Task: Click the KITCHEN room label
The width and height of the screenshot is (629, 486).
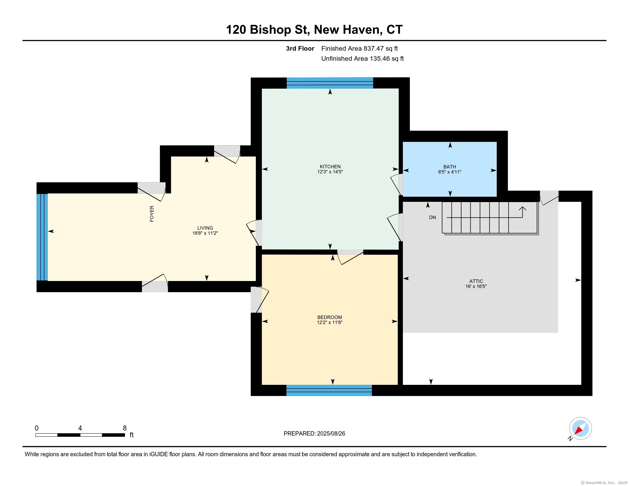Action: click(x=330, y=166)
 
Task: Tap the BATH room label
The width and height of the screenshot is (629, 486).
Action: click(x=449, y=167)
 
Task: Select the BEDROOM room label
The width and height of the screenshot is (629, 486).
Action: click(x=329, y=317)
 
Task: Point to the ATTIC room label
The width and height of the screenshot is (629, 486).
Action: click(x=476, y=281)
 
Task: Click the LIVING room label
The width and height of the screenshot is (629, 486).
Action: click(x=205, y=228)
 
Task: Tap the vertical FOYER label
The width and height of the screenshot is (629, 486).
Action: click(x=152, y=214)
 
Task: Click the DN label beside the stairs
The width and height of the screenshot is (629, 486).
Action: click(x=433, y=217)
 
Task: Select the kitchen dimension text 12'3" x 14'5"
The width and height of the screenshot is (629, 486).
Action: click(x=330, y=172)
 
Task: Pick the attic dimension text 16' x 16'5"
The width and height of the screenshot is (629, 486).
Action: click(x=476, y=286)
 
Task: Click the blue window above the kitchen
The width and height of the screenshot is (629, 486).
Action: click(x=330, y=83)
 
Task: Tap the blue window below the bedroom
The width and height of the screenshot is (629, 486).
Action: click(x=329, y=391)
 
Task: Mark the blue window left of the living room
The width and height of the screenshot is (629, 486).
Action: click(x=42, y=237)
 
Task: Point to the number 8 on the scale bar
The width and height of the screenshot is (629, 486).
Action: click(x=125, y=428)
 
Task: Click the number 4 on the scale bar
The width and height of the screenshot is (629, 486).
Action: click(x=80, y=428)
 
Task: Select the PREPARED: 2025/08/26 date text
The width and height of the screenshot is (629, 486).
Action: click(x=314, y=434)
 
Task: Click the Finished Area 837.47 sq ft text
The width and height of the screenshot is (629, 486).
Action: click(x=359, y=49)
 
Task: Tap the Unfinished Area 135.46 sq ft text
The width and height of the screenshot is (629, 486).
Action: click(x=363, y=59)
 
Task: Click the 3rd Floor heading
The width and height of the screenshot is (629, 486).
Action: click(x=300, y=49)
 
